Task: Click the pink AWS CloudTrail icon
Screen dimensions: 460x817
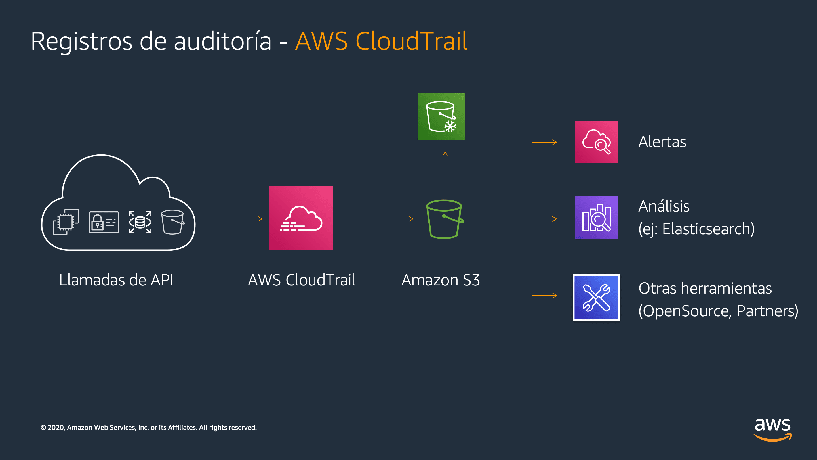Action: point(301,218)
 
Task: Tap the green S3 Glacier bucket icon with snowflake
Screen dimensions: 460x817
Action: point(441,116)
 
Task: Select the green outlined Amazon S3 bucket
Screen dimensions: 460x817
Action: point(444,219)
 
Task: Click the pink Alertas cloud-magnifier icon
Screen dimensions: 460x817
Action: point(596,142)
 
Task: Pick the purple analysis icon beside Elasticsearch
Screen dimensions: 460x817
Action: point(596,218)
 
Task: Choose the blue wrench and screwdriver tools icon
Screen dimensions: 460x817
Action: point(596,298)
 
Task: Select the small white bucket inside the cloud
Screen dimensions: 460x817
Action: point(172,222)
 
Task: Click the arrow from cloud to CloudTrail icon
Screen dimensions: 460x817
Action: point(235,219)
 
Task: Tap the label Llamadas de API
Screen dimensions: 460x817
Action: point(116,280)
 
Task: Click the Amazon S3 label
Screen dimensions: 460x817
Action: point(441,280)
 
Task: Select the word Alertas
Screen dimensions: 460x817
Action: point(662,142)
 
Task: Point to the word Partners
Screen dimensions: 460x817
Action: point(767,311)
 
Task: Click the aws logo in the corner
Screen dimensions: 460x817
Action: point(772,429)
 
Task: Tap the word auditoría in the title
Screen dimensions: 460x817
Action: point(222,41)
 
